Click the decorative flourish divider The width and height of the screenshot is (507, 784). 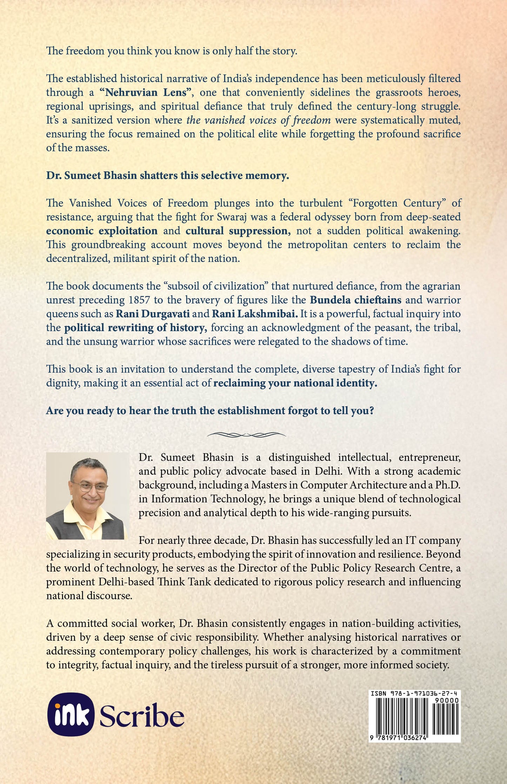click(246, 435)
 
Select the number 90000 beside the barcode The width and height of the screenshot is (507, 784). click(446, 700)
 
